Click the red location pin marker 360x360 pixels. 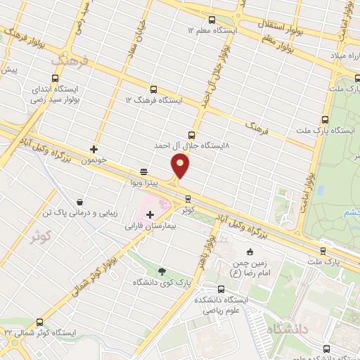(180, 166)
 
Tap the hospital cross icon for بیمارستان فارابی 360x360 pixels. (150, 214)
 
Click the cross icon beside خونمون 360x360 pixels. (94, 149)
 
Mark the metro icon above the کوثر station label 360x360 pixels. (186, 197)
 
